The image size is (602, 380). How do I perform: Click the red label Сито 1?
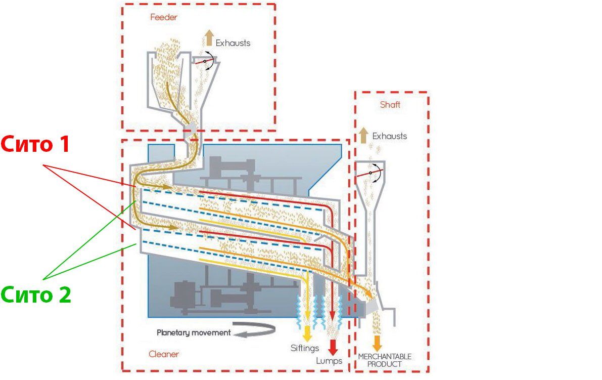[35, 145]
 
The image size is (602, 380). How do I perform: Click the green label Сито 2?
[36, 294]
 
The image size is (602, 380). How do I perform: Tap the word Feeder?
[164, 17]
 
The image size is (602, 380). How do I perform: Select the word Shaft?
[390, 105]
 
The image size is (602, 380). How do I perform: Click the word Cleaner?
[164, 354]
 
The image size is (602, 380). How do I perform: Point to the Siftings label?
[305, 349]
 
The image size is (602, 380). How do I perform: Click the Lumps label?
[329, 361]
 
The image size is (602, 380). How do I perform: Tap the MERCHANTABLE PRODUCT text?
[385, 360]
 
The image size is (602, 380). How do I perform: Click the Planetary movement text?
[194, 333]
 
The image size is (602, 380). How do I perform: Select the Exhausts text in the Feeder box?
[233, 43]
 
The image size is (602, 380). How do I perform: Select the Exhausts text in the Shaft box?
[390, 136]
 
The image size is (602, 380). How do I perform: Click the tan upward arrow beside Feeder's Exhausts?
[209, 37]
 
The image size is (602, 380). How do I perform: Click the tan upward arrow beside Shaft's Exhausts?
[363, 135]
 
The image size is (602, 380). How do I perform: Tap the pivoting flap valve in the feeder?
[205, 61]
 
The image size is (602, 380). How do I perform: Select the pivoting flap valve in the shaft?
[370, 173]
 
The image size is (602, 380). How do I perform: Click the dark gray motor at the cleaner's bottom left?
[184, 295]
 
